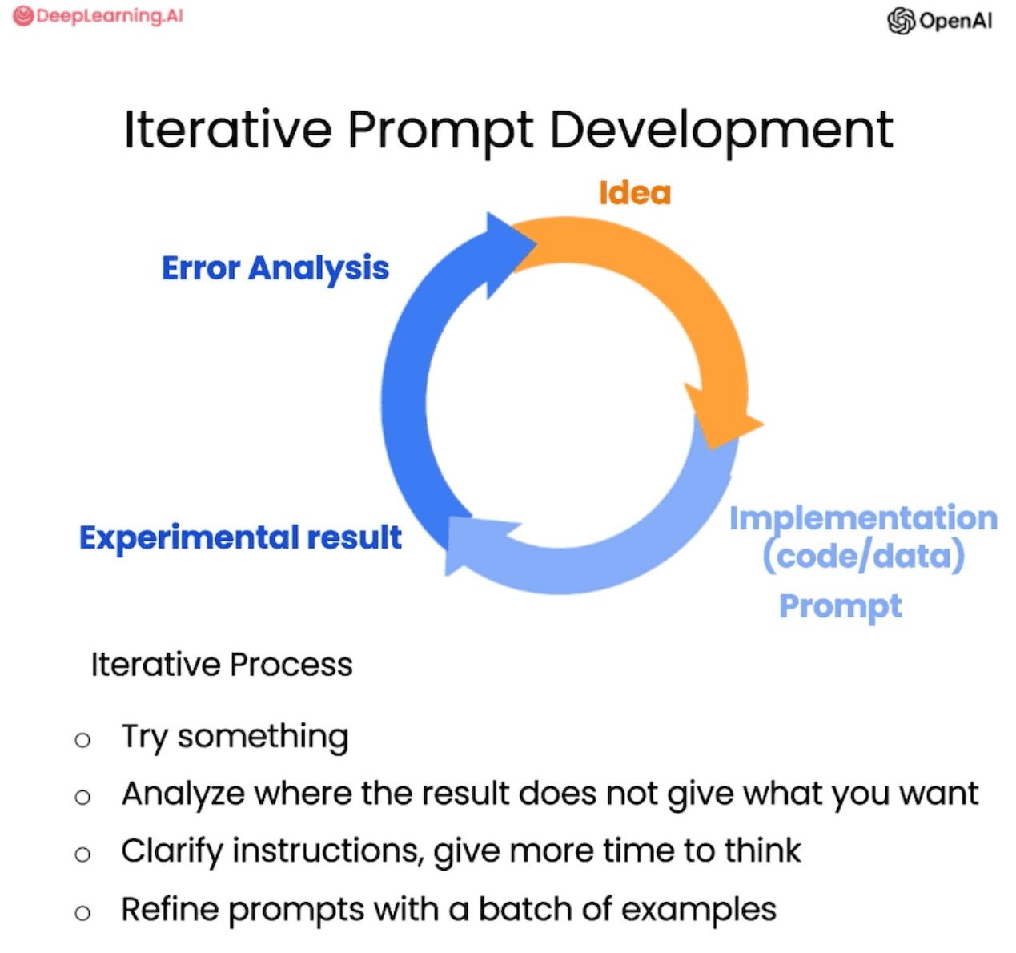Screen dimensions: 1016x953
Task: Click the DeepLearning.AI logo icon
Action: [x=23, y=16]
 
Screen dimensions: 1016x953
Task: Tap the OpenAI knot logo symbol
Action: [x=901, y=21]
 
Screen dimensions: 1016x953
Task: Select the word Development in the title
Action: [x=721, y=131]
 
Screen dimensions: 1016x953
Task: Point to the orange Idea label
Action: [x=635, y=193]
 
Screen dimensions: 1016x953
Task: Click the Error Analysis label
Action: [x=275, y=269]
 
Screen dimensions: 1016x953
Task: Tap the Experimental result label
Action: [x=240, y=537]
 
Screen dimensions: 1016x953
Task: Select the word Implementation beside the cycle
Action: [x=864, y=518]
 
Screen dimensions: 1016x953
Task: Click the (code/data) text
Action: [x=864, y=557]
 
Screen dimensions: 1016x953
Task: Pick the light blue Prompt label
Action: [x=841, y=607]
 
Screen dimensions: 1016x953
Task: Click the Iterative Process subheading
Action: [x=222, y=665]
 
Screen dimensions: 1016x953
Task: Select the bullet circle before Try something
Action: [x=82, y=740]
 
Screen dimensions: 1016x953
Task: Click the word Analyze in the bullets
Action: [x=183, y=795]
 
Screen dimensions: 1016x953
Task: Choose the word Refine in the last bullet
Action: [x=171, y=910]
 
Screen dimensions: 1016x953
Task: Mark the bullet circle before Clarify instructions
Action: [x=82, y=854]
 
